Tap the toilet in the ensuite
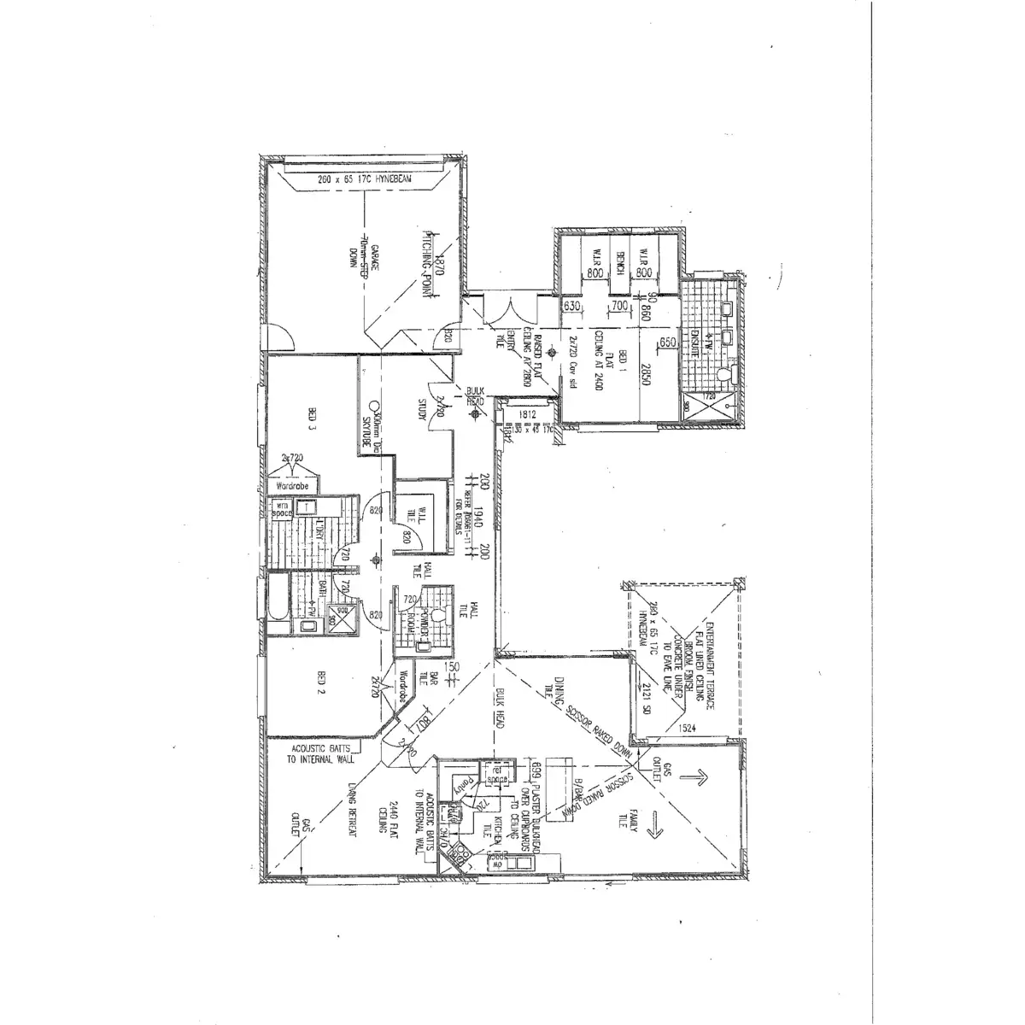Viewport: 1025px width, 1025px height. tap(724, 373)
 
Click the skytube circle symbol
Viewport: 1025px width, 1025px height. tap(374, 407)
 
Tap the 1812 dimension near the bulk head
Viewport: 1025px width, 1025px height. tap(527, 415)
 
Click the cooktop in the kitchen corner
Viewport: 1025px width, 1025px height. tap(462, 853)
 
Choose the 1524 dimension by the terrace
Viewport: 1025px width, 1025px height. tap(687, 729)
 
